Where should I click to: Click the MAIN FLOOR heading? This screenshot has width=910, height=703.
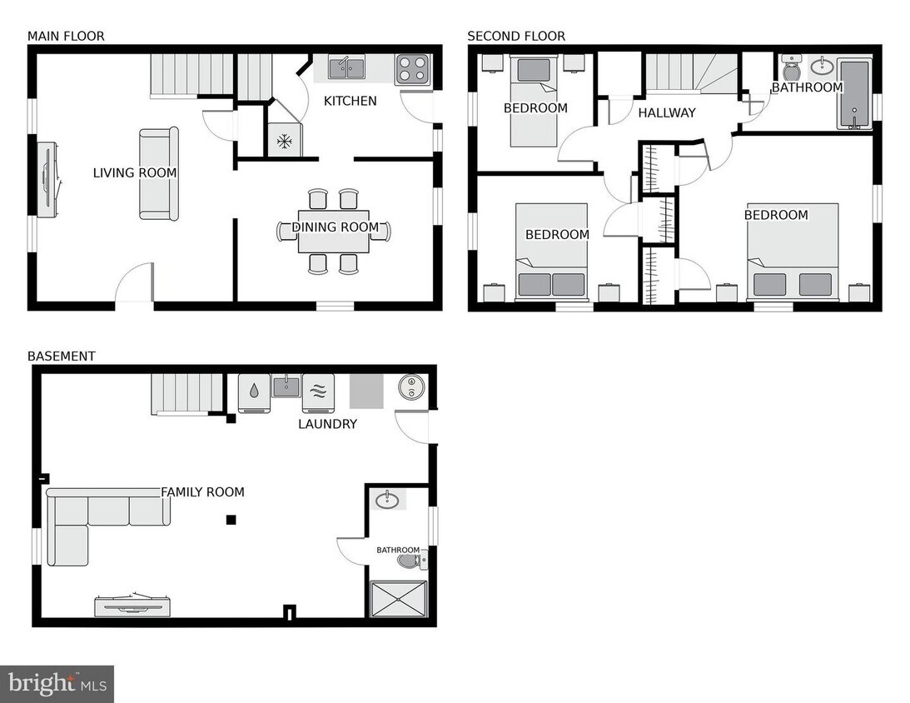click(66, 36)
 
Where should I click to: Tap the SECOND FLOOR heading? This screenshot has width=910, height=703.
click(515, 36)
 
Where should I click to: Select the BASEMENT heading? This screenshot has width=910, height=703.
click(61, 356)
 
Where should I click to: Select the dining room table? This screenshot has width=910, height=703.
click(334, 231)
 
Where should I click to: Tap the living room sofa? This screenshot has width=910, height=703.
click(158, 173)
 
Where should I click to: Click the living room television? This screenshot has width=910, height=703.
click(47, 179)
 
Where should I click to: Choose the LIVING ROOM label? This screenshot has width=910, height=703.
click(134, 173)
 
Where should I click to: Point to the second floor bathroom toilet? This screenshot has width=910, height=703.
click(791, 67)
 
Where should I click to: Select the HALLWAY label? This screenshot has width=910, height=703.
click(666, 112)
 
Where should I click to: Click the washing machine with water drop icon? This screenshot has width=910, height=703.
click(253, 392)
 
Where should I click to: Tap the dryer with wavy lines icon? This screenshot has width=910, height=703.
click(317, 392)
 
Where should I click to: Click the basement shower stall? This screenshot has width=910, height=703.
click(398, 598)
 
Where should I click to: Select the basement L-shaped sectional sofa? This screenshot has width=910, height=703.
click(83, 521)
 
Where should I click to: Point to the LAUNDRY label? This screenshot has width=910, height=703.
click(327, 424)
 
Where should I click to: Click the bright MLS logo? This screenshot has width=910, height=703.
click(57, 684)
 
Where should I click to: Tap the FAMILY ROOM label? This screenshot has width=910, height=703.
click(202, 492)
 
